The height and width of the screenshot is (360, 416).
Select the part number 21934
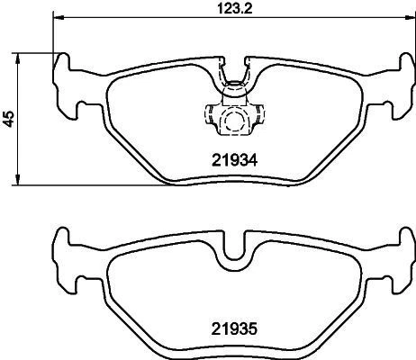(235, 159)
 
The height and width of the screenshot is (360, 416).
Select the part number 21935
(235, 330)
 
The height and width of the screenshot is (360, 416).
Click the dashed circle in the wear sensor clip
(234, 119)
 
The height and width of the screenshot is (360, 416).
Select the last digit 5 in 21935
(256, 330)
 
